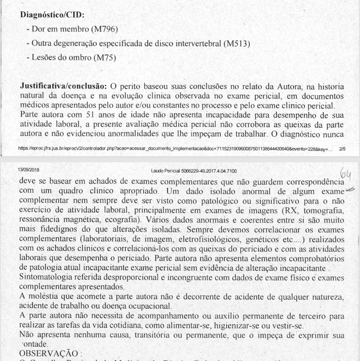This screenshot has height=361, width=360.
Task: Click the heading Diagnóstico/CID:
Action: tap(52, 14)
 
